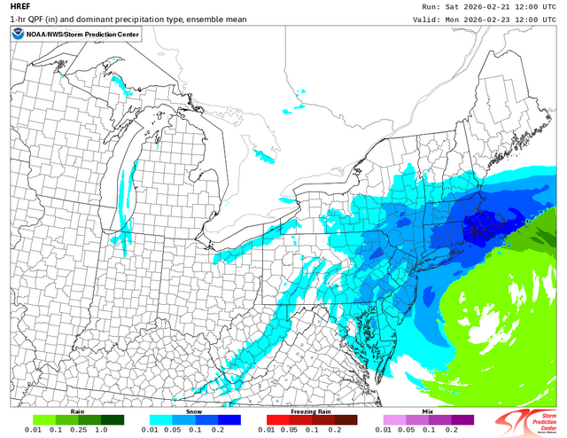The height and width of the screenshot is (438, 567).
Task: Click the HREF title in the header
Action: click(x=19, y=6)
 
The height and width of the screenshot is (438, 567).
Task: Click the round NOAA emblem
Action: click(x=19, y=35)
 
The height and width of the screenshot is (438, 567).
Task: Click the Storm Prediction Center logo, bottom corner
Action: click(x=528, y=420)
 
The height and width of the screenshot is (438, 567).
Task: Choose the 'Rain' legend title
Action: click(x=78, y=413)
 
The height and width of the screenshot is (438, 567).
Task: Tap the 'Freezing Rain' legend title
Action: click(x=312, y=413)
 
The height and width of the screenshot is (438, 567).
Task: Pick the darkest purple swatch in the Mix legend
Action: click(x=462, y=421)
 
